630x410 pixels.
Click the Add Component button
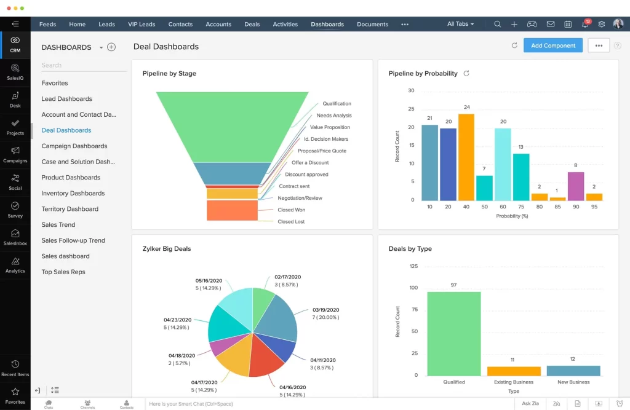[x=552, y=45]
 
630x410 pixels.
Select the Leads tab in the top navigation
[x=106, y=25]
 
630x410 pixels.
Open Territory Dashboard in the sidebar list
[x=70, y=209]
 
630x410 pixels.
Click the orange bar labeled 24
[x=466, y=157]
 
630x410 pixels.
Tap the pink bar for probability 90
[x=575, y=186]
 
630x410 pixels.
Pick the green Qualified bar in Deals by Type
[x=453, y=333]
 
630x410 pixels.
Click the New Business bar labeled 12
[x=573, y=371]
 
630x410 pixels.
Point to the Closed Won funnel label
[x=291, y=210]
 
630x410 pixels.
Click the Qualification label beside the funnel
[x=337, y=104]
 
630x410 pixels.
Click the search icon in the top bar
[x=497, y=25]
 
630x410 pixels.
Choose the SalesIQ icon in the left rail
[x=15, y=71]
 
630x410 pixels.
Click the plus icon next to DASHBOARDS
[x=111, y=47]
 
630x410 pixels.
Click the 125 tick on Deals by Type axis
[x=413, y=266]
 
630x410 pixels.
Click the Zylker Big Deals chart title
[x=167, y=249]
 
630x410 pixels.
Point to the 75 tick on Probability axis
[x=521, y=207]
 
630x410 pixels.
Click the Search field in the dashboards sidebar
[x=80, y=65]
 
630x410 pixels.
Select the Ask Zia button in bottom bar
[x=530, y=404]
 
